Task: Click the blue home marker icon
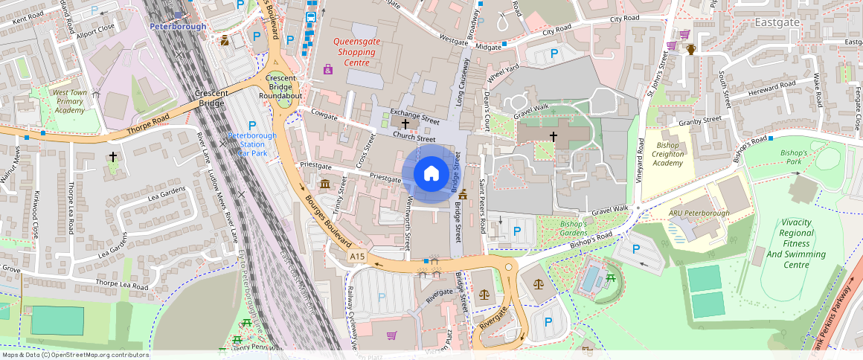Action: (x=431, y=173)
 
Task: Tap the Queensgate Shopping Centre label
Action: (x=357, y=52)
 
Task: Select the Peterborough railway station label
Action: (x=178, y=26)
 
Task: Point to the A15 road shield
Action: (x=358, y=257)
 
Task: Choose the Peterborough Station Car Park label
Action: (x=252, y=144)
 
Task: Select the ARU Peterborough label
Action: (x=699, y=213)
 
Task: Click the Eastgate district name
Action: (x=777, y=22)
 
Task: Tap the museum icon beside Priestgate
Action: (x=324, y=184)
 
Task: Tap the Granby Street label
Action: (x=700, y=120)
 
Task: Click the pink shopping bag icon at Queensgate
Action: (x=328, y=69)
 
